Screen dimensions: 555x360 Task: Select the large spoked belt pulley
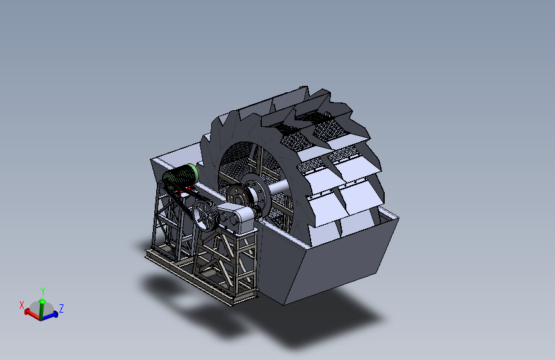204,215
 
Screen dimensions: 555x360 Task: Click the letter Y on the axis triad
43,291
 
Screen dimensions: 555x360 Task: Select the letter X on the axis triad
22,305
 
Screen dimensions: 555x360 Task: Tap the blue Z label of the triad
61,308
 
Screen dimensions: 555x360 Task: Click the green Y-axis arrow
42,309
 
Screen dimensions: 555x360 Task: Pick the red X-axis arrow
32,314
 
